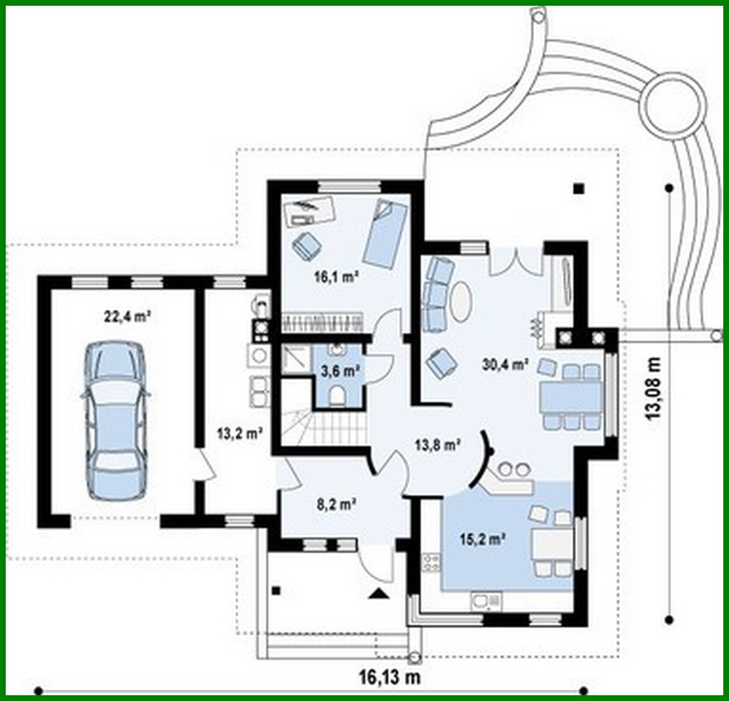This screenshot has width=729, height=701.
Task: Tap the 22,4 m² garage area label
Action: [x=123, y=315]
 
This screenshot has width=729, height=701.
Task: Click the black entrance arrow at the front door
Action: [x=379, y=594]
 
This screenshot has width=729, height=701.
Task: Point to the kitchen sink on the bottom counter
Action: [x=485, y=600]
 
